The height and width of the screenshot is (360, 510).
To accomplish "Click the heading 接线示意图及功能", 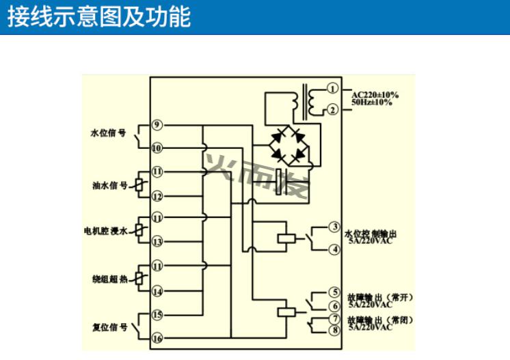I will [x=98, y=16].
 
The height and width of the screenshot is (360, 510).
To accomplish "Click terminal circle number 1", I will [x=332, y=88].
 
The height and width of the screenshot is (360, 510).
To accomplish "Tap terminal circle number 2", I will [x=332, y=109].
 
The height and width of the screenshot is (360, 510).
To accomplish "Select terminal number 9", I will [x=157, y=124].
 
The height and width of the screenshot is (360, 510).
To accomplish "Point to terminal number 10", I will [x=157, y=148].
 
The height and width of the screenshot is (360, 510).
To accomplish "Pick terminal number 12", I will [x=157, y=197].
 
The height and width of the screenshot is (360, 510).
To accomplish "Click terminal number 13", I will [x=157, y=241].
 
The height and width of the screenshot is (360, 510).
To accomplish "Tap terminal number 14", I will [x=157, y=292].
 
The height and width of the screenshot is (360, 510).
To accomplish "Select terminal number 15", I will [x=157, y=315].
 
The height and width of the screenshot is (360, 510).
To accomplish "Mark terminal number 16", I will [x=157, y=338].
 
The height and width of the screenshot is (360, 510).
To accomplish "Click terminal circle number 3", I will [x=334, y=227].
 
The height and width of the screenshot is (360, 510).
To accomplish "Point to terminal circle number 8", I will [x=334, y=331].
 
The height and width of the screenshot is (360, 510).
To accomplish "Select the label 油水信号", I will [x=109, y=184].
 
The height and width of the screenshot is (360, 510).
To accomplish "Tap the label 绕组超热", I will [x=109, y=279].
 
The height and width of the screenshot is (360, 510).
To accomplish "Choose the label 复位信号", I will [x=109, y=327].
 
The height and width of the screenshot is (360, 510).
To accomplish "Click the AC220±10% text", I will [x=375, y=94].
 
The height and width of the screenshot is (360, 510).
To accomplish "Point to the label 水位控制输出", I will [x=372, y=234].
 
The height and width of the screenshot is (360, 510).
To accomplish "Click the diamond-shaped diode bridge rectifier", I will [x=288, y=146].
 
